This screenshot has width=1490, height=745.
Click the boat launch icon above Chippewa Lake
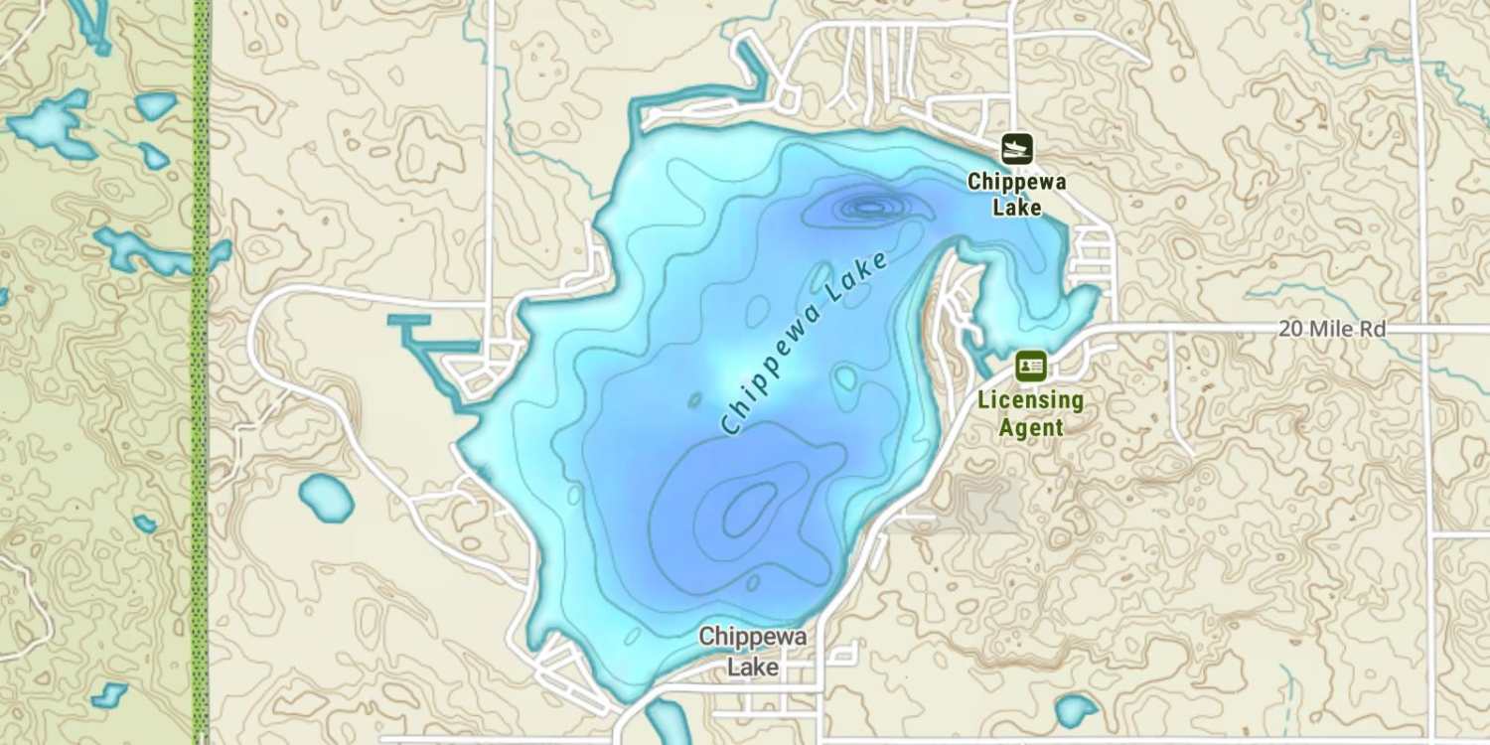1016,150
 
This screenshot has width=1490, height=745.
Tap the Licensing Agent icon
1030,367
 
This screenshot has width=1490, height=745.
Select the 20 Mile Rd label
1331,329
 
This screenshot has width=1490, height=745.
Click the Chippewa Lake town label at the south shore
752,651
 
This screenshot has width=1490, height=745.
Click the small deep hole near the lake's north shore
869,207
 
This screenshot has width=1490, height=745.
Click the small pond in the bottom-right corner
1076,710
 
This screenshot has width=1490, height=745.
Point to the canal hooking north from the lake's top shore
755,74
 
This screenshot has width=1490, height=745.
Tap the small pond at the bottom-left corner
109,694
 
